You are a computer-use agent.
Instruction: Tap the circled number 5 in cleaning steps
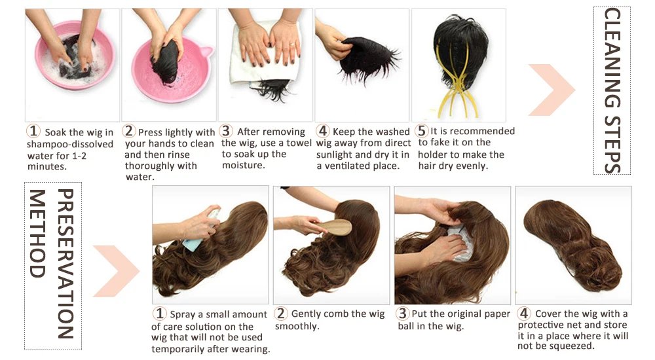point(422,132)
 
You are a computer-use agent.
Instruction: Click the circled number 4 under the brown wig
point(524,314)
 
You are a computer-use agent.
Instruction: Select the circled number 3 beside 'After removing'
point(227,132)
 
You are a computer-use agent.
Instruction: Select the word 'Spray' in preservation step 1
point(183,315)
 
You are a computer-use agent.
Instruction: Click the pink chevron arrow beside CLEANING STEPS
point(550,90)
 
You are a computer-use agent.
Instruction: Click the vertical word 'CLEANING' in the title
point(612,56)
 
